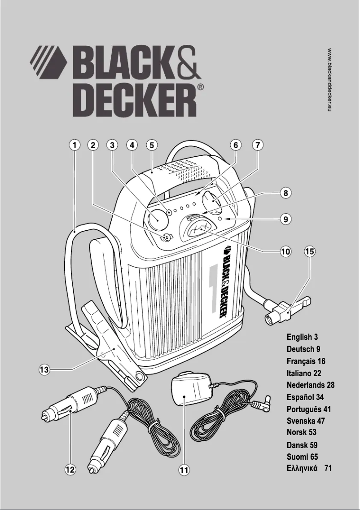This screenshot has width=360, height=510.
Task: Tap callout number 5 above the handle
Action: pyautogui.click(x=152, y=145)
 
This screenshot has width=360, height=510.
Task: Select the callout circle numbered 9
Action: pyautogui.click(x=285, y=220)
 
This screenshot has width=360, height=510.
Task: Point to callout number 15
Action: pyautogui.click(x=310, y=251)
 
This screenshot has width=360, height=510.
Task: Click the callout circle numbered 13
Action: pyautogui.click(x=44, y=370)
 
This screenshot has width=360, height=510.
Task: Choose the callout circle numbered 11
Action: pyautogui.click(x=184, y=470)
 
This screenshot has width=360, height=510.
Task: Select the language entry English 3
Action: pyautogui.click(x=303, y=337)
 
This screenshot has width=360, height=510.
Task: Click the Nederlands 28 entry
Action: pyautogui.click(x=311, y=385)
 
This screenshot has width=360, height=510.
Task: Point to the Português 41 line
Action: pyautogui.click(x=309, y=409)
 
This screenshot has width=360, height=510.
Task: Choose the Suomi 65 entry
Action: pyautogui.click(x=303, y=457)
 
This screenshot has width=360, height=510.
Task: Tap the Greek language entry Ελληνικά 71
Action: pyautogui.click(x=309, y=469)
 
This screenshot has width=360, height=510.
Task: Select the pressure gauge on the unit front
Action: pyautogui.click(x=196, y=231)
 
